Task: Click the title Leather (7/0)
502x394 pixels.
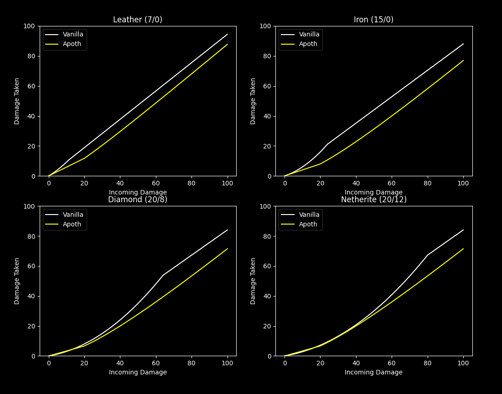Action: tap(138, 20)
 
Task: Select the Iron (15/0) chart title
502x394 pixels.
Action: tap(373, 20)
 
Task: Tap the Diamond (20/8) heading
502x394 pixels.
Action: tap(138, 200)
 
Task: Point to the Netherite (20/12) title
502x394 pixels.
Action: tap(373, 200)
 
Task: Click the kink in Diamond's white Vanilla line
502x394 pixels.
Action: tap(163, 275)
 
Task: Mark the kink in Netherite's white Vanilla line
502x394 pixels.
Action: tap(428, 255)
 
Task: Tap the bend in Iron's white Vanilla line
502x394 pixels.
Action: tap(327, 144)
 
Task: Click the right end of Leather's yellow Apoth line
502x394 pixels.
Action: tap(228, 44)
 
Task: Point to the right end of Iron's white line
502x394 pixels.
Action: tap(463, 44)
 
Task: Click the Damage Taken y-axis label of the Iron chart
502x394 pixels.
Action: tap(253, 101)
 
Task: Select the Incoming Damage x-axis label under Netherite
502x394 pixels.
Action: tap(373, 373)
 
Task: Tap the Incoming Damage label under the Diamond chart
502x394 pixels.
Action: tap(138, 373)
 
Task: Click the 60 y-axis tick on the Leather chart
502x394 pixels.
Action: tap(32, 86)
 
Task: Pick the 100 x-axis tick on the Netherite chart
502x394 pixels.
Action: tap(463, 363)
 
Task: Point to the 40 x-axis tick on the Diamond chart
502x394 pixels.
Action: tap(120, 363)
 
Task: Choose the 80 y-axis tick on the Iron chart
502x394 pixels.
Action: tap(268, 56)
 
